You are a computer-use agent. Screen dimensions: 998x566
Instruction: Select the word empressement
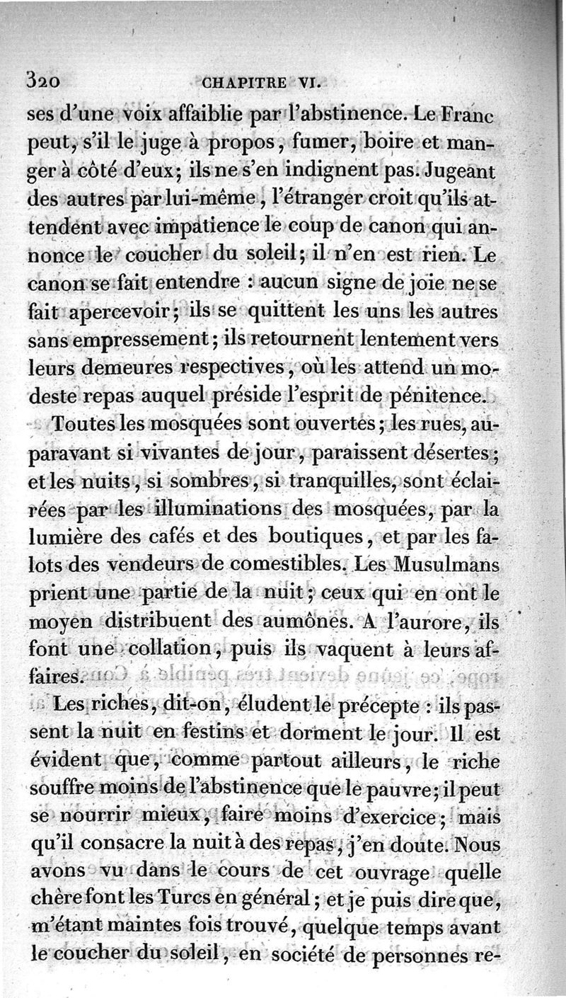pos(134,340)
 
